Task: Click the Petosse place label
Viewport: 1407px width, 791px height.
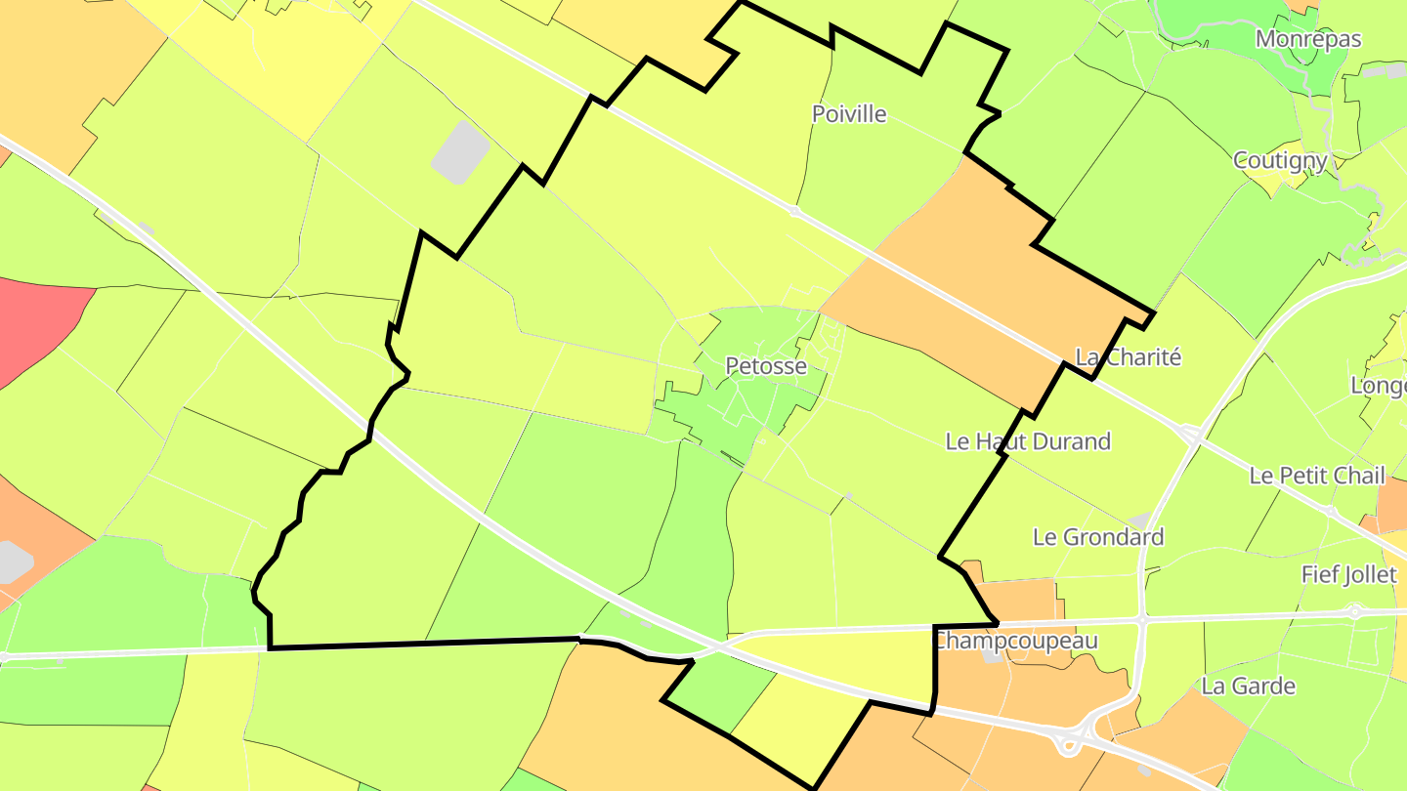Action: click(766, 366)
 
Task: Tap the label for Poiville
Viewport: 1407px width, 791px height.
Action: click(849, 114)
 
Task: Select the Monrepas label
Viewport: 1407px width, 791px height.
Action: click(1308, 39)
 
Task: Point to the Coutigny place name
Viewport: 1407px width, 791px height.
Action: click(1280, 160)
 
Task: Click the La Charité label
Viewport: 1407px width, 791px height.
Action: click(1129, 357)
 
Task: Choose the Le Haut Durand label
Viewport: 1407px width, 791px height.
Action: click(1028, 441)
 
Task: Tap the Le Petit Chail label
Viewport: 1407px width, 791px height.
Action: click(1317, 476)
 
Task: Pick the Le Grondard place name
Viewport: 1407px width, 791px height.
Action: click(1098, 537)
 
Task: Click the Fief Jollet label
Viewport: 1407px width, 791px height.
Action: click(1348, 575)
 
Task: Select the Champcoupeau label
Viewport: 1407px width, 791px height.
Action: click(1016, 642)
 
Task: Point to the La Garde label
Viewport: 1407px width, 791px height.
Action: click(1249, 686)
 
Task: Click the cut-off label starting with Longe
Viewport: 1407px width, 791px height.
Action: click(1378, 386)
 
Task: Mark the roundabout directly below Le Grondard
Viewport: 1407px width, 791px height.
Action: click(1141, 619)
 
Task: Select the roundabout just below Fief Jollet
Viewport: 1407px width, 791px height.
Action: click(1354, 612)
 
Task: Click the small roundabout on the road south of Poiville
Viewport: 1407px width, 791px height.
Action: click(794, 210)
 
